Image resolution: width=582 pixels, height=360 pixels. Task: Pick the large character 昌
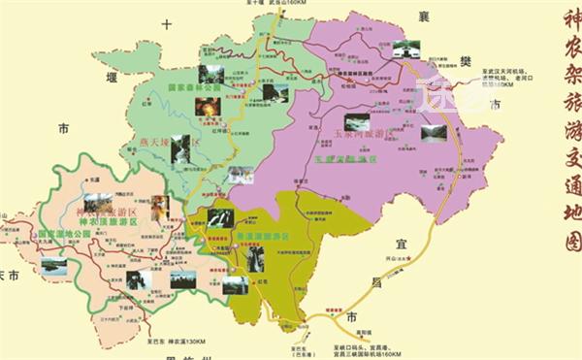pos(375,282)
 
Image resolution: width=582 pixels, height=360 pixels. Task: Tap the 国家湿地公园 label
pos(64,234)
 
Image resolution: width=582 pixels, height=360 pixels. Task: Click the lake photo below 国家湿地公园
pos(54,264)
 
